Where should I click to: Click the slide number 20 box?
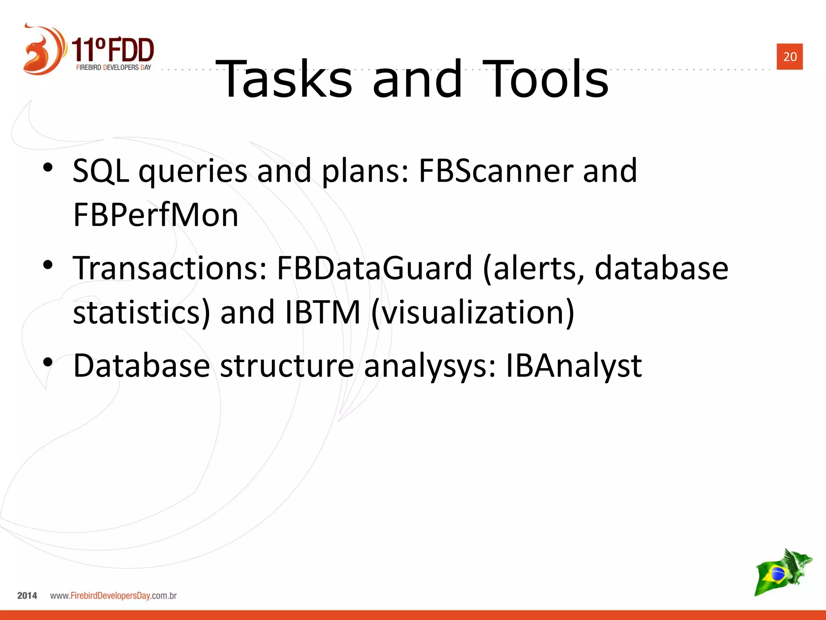[x=789, y=57]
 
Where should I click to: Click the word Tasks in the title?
[x=284, y=79]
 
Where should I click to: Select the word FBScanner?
[x=496, y=171]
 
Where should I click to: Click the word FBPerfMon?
[x=156, y=215]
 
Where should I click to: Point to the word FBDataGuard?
[x=374, y=268]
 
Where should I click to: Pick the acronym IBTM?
[x=322, y=312]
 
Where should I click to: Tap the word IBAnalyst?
[x=573, y=366]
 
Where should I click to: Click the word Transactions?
[x=170, y=268]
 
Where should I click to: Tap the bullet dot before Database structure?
[x=48, y=362]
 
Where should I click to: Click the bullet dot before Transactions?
[x=48, y=265]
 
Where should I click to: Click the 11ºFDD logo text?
[x=113, y=50]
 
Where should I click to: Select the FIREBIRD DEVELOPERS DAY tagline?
[x=113, y=67]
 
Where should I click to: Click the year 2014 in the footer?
[x=27, y=595]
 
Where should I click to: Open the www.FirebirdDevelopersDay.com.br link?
[x=113, y=595]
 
